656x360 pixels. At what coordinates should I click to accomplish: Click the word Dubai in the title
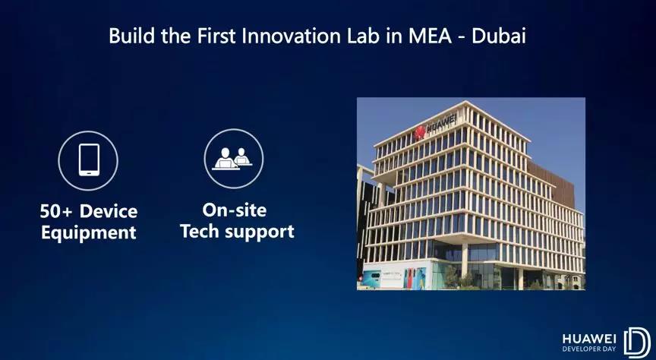pyautogui.click(x=498, y=36)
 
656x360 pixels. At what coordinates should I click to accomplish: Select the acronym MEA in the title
pyautogui.click(x=430, y=36)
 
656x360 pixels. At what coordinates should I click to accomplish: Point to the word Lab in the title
pyautogui.click(x=363, y=36)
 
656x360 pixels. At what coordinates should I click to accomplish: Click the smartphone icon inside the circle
pyautogui.click(x=89, y=160)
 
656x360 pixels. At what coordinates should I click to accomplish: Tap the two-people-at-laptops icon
pyautogui.click(x=232, y=159)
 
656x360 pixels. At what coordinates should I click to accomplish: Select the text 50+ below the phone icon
pyautogui.click(x=56, y=211)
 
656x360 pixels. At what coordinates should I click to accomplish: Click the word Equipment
pyautogui.click(x=89, y=232)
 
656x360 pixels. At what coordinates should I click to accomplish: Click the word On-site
pyautogui.click(x=235, y=210)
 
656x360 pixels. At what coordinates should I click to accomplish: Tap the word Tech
pyautogui.click(x=200, y=231)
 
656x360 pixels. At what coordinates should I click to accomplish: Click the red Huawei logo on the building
pyautogui.click(x=419, y=133)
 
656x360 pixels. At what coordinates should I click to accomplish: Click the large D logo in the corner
pyautogui.click(x=637, y=343)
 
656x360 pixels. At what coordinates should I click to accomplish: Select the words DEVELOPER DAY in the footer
pyautogui.click(x=589, y=349)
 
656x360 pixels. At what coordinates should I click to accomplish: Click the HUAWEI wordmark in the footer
pyautogui.click(x=589, y=339)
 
